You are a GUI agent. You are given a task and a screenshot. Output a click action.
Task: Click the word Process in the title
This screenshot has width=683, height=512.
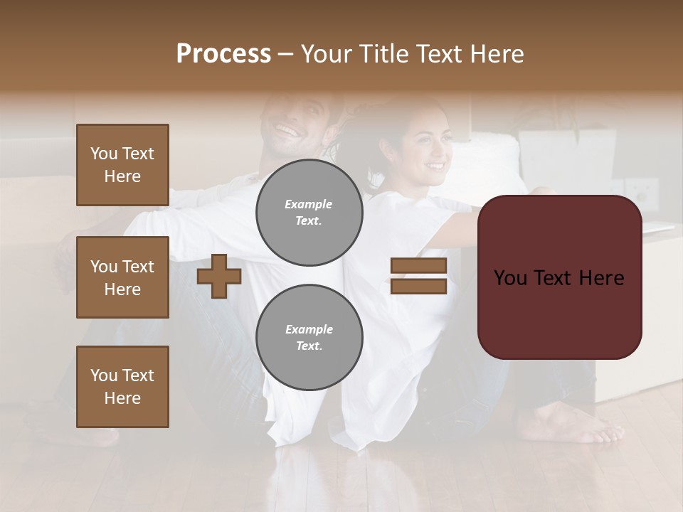coord(223,54)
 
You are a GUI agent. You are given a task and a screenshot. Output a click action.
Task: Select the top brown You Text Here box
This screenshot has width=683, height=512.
coord(122,165)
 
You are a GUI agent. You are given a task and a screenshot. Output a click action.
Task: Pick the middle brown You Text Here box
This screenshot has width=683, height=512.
coord(122,277)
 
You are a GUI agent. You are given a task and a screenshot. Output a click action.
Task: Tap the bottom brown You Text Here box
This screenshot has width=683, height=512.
coord(122,387)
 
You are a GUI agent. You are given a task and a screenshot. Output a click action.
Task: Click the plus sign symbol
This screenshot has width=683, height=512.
coord(219,277)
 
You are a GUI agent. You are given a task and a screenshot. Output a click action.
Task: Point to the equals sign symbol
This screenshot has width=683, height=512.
coord(418,276)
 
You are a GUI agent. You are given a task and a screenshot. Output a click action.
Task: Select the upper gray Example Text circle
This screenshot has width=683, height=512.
coord(309,213)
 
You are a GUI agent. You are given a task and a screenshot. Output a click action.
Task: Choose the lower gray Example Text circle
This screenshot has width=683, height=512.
coord(309,337)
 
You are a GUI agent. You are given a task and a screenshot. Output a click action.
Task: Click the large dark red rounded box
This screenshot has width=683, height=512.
coord(559,277)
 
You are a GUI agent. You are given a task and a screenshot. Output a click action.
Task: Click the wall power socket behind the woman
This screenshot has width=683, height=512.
coord(645,191)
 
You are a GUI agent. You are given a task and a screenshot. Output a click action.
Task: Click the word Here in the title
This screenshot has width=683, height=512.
coord(498,54)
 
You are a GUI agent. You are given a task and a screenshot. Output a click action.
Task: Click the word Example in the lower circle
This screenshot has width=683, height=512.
coord(309,329)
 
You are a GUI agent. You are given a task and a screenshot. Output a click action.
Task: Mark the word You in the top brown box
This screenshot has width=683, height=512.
coord(103,154)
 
